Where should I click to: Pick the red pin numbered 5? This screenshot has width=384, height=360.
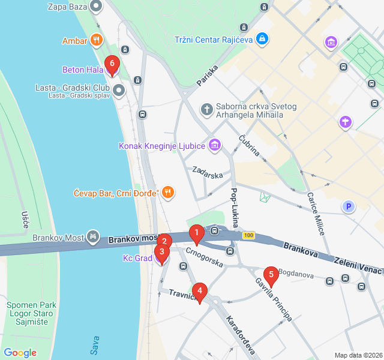tap(271, 276)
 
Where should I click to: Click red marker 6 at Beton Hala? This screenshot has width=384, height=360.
tap(112, 64)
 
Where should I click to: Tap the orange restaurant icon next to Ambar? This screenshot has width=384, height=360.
tap(96, 41)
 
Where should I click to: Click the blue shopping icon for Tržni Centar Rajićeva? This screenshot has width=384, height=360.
tap(262, 40)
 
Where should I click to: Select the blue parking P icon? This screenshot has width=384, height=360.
tap(347, 207)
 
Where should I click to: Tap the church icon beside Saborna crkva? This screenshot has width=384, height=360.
tap(206, 110)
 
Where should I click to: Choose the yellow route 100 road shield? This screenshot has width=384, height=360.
tap(248, 235)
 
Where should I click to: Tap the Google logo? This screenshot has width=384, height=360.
tap(20, 353)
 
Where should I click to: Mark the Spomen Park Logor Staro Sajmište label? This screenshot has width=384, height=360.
tap(31, 313)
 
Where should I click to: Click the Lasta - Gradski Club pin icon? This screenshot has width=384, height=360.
tap(119, 91)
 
